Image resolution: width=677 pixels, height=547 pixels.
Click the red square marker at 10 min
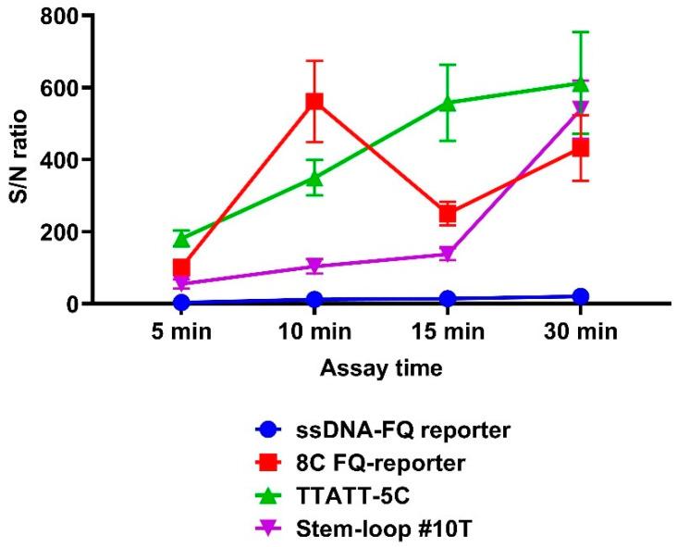coord(314,102)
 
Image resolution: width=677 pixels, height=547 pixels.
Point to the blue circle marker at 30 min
coord(581,297)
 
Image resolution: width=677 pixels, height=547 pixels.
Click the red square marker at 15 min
coord(448,215)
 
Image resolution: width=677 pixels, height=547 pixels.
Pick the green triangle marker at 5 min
coord(181,239)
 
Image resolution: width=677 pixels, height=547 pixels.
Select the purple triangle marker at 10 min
coord(314,267)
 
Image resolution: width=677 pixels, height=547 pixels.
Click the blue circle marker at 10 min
coord(314,300)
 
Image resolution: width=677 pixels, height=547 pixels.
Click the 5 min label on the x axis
coord(181,331)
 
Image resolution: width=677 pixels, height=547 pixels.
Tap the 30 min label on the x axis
coord(581,331)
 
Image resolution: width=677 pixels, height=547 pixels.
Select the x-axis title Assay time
coord(380,368)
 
